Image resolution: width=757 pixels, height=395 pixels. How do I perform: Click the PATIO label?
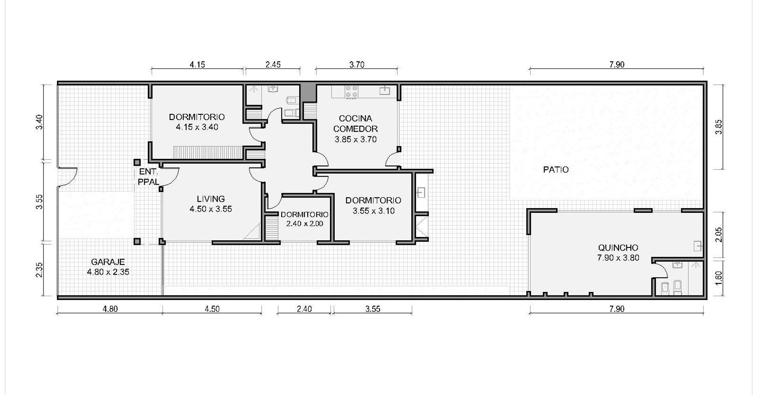(556, 170)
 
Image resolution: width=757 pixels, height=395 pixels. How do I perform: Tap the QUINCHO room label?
(618, 248)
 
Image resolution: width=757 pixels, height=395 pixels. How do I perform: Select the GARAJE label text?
(108, 262)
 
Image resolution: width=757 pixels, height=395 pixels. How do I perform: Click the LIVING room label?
(211, 199)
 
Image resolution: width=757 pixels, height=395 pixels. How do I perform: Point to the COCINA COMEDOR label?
(355, 124)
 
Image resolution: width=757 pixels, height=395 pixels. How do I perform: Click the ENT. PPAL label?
(148, 177)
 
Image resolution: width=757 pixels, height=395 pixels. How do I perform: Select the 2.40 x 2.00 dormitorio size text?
(304, 224)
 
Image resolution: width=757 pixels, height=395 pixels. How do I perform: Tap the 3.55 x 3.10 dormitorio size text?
(373, 211)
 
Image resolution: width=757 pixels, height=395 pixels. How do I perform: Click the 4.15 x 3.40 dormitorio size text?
(197, 127)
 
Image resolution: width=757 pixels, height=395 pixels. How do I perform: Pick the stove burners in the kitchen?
(351, 91)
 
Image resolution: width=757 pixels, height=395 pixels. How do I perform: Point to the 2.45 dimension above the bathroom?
(273, 65)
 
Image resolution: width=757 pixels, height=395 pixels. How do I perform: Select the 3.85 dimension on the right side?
(719, 127)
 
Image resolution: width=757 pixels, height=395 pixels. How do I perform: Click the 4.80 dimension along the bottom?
(110, 309)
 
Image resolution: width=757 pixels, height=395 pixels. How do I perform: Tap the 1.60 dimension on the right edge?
(719, 278)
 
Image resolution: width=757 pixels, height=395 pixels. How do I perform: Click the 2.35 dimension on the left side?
(39, 270)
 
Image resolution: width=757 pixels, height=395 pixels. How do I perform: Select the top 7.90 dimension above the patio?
(617, 65)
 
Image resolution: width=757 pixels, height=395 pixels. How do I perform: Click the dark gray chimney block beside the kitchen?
(308, 93)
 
